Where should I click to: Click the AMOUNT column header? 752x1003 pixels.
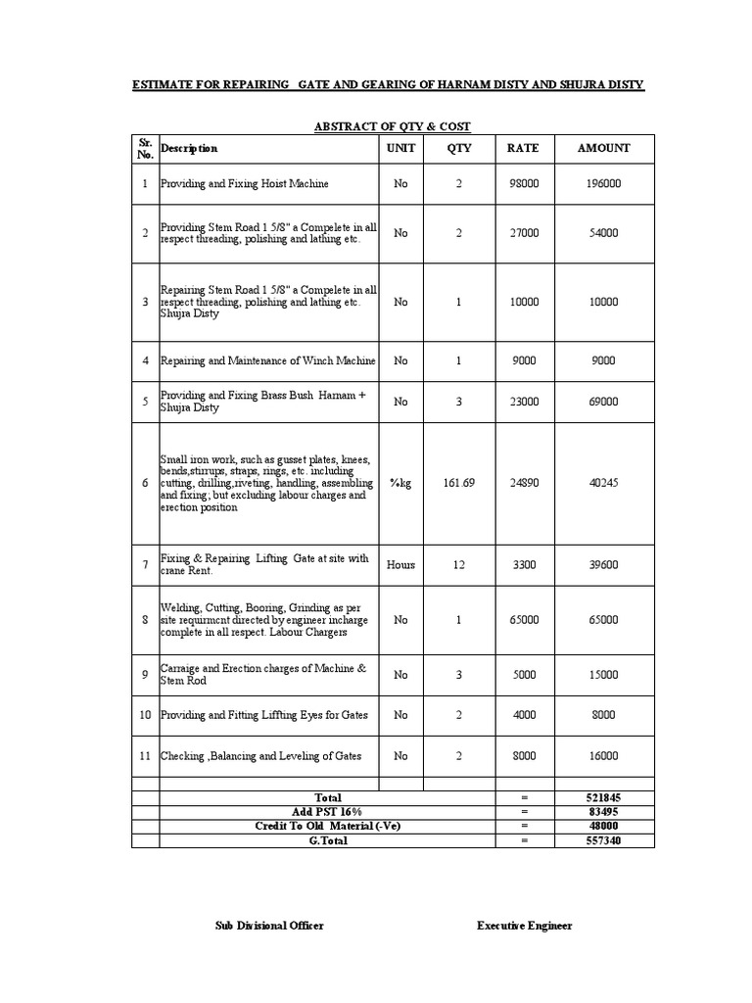pos(603,148)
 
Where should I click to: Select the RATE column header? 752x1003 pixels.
pos(523,148)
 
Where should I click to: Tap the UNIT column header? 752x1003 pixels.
pos(400,148)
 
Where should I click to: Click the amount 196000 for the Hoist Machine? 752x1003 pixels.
pos(603,184)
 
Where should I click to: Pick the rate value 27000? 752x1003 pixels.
pos(523,233)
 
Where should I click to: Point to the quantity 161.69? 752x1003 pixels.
pos(458,483)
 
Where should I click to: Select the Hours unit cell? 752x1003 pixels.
pos(400,564)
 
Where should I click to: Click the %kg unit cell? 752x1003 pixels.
pos(400,483)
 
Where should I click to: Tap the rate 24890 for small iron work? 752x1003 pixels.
pos(523,483)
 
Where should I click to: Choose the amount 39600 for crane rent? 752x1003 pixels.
pos(603,564)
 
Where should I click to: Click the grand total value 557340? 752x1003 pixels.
pos(603,840)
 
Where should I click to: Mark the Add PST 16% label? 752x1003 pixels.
pos(327,812)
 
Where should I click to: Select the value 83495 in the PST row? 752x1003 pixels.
pos(603,812)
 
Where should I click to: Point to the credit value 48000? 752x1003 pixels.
pos(603,826)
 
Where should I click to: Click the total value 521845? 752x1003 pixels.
pos(603,798)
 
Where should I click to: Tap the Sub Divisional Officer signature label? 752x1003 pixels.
pos(269,926)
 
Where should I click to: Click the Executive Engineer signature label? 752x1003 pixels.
pos(525,926)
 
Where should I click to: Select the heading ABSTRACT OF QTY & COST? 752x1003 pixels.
pos(392,126)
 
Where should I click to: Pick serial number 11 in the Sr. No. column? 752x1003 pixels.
pos(145,756)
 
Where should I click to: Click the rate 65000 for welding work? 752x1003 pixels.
pos(523,620)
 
